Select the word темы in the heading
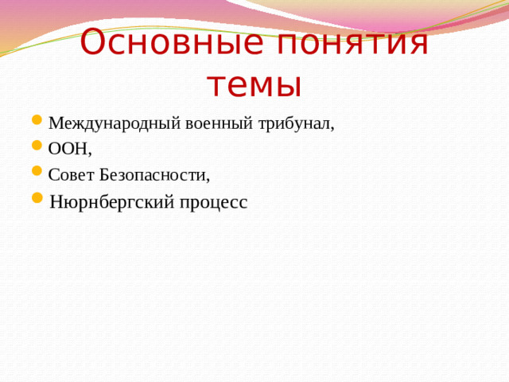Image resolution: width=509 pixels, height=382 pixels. (x=254, y=84)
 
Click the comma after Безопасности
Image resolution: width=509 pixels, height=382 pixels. (x=208, y=178)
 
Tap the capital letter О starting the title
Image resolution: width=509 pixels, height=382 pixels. (x=95, y=43)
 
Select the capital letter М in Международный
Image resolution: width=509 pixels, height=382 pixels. (x=55, y=123)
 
